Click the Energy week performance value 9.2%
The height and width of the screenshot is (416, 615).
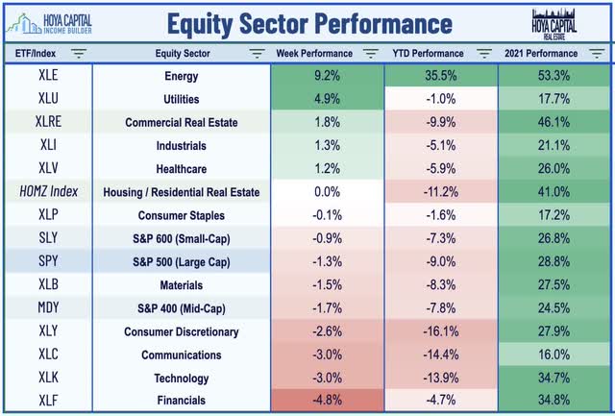(327, 75)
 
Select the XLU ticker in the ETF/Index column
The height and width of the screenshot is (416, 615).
(48, 98)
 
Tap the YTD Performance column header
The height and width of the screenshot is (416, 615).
(428, 54)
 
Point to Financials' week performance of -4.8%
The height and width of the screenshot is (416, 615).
(327, 400)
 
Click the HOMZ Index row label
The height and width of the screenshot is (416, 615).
(49, 191)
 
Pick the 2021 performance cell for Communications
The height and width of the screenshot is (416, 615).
(553, 355)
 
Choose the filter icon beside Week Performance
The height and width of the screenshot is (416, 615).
(371, 53)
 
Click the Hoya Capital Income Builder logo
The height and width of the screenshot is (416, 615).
(49, 24)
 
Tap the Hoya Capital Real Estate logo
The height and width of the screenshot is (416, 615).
(553, 24)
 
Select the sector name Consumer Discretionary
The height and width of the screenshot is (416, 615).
(182, 331)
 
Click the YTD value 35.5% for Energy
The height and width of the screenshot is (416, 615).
(441, 75)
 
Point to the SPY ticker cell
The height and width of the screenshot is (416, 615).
(48, 261)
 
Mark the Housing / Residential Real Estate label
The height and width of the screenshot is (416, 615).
(182, 192)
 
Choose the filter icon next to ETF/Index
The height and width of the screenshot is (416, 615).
(79, 53)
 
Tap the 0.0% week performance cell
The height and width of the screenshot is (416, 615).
(327, 192)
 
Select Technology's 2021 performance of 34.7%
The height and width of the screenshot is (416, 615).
(553, 378)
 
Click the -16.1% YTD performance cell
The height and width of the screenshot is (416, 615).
(441, 331)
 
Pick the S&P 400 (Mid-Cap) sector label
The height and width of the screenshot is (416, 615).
(182, 308)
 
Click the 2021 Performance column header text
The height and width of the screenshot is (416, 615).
(541, 54)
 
